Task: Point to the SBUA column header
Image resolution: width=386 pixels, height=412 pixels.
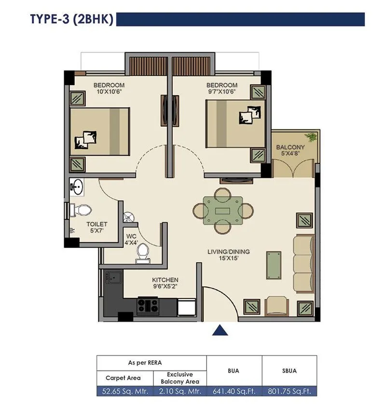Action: [289, 371]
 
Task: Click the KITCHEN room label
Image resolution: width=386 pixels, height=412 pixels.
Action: [165, 280]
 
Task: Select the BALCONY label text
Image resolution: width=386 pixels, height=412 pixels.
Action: [290, 147]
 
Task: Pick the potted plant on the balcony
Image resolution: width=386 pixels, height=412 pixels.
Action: [313, 137]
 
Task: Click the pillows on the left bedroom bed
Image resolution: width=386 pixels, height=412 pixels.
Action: [85, 139]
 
